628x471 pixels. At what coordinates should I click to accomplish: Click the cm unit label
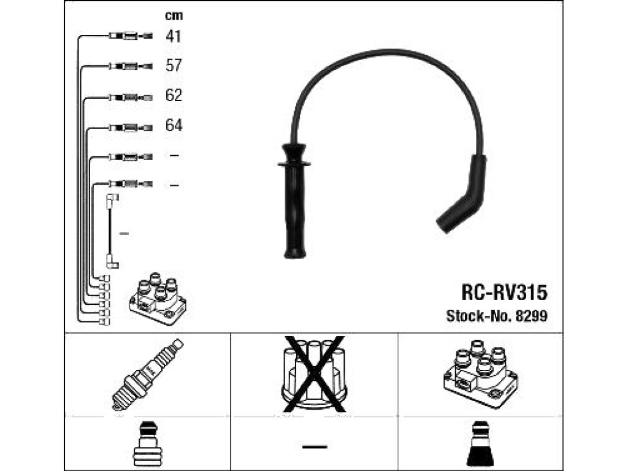pos(174,15)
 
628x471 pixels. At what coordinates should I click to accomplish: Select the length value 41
pos(174,36)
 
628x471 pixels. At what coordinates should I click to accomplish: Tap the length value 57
pos(174,65)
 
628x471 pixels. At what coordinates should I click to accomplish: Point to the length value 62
pos(174,95)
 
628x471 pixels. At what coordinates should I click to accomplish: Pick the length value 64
pos(174,125)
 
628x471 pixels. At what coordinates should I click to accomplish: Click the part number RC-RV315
pos(504,292)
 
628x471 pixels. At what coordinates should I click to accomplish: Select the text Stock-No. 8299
pos(497,316)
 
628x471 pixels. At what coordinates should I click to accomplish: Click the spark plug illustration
pos(147,375)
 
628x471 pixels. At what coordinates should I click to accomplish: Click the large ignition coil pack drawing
pos(480,373)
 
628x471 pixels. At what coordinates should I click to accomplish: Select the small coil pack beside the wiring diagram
pos(158,299)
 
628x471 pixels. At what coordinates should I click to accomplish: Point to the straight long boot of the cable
pos(294,201)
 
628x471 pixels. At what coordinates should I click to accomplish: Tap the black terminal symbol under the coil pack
pos(480,444)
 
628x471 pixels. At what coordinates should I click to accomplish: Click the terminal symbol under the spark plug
pos(147,444)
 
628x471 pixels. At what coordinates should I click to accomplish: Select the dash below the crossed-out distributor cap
pos(315,446)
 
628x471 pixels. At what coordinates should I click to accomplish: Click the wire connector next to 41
pos(130,36)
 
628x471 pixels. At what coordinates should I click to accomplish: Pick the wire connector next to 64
pos(131,128)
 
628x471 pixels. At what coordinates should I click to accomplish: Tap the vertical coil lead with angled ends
pos(112,231)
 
